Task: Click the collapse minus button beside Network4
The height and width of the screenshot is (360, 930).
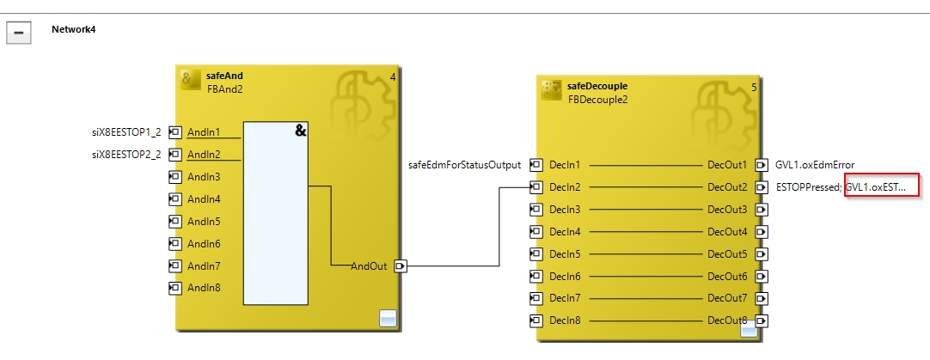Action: click(19, 33)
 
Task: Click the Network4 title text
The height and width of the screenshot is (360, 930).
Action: click(74, 28)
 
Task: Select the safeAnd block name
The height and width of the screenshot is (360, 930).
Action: click(224, 76)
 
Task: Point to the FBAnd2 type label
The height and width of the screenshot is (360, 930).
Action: click(224, 88)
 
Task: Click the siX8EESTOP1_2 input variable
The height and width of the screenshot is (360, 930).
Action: click(126, 131)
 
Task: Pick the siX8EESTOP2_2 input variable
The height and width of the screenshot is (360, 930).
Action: click(126, 154)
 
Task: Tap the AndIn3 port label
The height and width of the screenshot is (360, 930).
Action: click(204, 176)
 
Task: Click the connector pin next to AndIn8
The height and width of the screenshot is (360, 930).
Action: click(175, 288)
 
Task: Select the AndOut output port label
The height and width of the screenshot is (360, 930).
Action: click(369, 266)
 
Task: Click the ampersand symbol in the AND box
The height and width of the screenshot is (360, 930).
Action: click(301, 131)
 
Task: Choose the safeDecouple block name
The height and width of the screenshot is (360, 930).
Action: click(597, 86)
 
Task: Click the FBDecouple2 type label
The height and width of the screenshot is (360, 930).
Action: click(597, 99)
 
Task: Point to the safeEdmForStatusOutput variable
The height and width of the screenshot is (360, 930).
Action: click(464, 164)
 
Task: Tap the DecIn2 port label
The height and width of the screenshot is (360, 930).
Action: click(565, 186)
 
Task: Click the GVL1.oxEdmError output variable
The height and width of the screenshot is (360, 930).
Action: click(815, 164)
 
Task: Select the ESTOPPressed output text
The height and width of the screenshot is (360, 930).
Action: click(807, 186)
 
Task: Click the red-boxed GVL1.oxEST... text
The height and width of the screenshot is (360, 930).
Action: click(881, 186)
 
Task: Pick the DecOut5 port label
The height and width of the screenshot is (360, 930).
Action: click(727, 253)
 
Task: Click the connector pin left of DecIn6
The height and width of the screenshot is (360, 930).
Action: click(535, 276)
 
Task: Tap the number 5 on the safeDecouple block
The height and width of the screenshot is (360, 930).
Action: click(754, 87)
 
